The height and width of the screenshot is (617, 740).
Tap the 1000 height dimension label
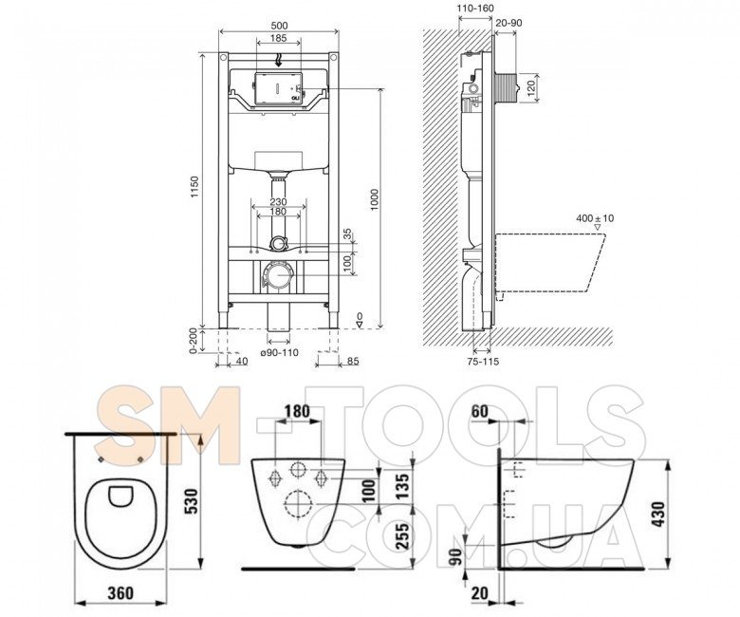(x=374, y=200)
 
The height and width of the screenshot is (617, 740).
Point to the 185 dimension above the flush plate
(x=278, y=37)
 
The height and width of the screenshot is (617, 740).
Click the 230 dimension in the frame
(x=278, y=201)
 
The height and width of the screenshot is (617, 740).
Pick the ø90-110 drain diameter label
(x=279, y=352)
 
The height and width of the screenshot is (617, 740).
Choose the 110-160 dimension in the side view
(x=476, y=9)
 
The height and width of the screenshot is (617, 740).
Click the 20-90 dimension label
(x=509, y=23)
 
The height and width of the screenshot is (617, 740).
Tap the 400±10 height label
(x=595, y=218)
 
